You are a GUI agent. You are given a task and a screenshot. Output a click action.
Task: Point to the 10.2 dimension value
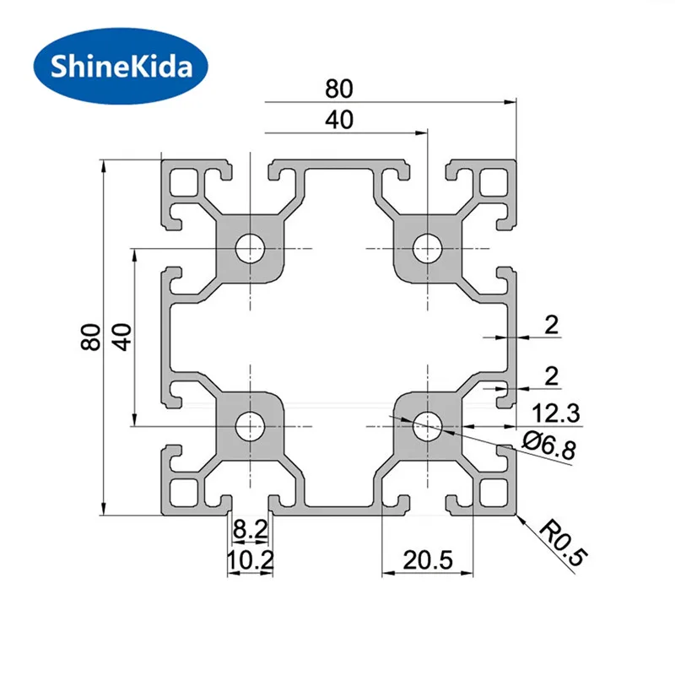249,559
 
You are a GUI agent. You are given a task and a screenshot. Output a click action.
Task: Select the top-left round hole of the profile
250,249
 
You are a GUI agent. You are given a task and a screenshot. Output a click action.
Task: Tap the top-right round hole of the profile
427,249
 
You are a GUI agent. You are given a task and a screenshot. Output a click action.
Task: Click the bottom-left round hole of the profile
250,426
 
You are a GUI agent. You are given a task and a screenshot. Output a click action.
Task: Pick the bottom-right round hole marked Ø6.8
427,426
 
